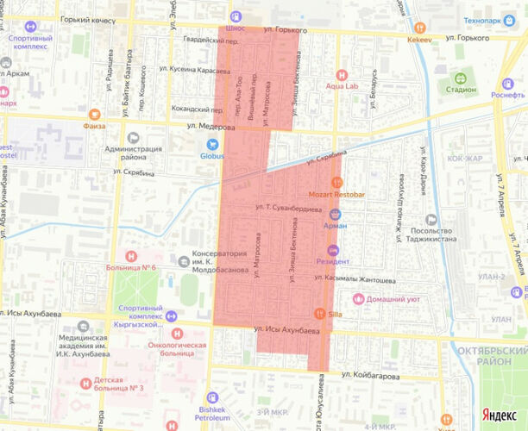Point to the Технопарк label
pos(484,20)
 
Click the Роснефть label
pos(509,96)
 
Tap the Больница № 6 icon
pos(131,255)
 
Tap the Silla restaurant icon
pos(320,314)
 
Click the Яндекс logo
pos(499,415)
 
